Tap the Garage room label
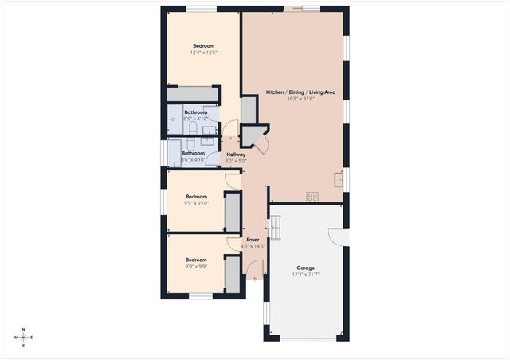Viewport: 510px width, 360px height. point(305,268)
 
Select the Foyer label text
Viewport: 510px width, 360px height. point(253,239)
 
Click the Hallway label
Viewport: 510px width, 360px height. point(236,154)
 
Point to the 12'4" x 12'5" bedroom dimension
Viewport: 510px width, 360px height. point(204,53)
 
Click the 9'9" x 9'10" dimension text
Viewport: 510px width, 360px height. point(197,203)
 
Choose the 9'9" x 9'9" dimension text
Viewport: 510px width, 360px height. point(196,267)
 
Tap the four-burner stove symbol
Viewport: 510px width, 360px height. point(313,197)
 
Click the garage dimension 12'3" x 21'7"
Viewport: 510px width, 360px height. point(305,275)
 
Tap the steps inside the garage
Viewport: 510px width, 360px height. point(276,229)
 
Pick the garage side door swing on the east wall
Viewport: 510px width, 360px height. point(336,237)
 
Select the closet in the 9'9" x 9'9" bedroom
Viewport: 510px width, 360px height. point(232,275)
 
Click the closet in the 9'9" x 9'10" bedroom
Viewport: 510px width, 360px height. point(232,211)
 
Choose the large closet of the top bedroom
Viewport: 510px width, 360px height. point(192,93)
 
